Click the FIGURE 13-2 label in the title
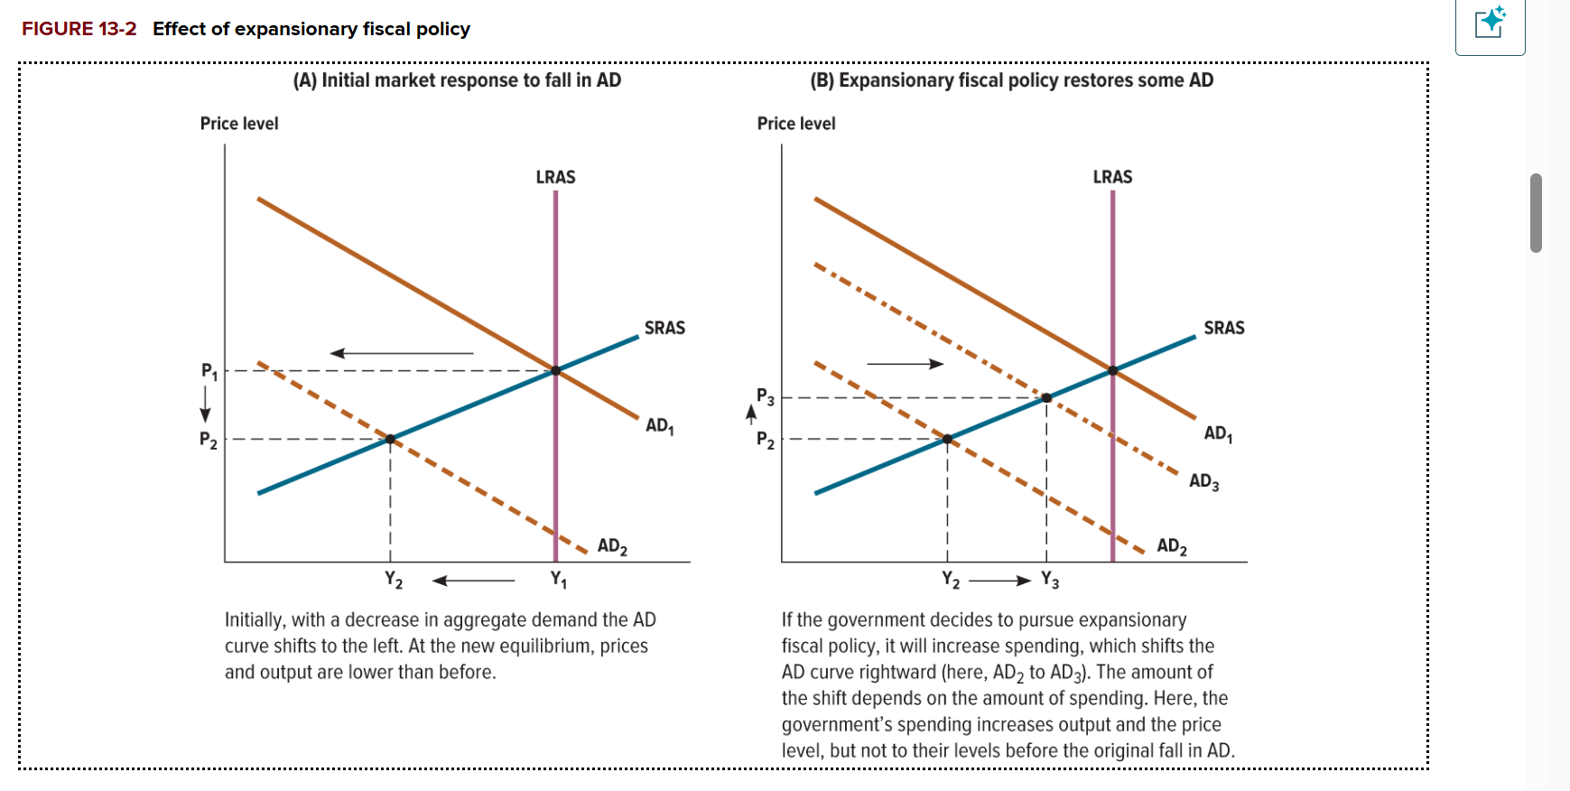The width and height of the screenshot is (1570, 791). (79, 29)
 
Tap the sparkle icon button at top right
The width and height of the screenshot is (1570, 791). (1490, 23)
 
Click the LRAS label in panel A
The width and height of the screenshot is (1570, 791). (555, 177)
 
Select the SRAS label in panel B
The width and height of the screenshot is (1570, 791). (1223, 328)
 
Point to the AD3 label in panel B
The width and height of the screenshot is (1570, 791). (1203, 481)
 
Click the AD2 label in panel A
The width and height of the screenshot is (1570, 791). (612, 546)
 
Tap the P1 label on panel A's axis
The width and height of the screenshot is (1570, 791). (209, 370)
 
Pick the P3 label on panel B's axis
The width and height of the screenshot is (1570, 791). (765, 396)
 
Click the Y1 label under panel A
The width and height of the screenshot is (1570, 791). (559, 579)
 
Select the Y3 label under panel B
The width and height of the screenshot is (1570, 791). (1049, 580)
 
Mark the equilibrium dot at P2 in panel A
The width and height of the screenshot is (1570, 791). (390, 439)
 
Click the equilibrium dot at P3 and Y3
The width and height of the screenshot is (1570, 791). (1046, 397)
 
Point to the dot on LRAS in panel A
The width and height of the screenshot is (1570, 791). (555, 370)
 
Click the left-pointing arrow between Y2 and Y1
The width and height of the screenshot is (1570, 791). (473, 581)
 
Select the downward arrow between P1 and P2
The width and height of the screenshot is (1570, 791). (206, 404)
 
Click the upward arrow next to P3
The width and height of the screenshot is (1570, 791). (750, 414)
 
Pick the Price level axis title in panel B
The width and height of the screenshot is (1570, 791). (795, 124)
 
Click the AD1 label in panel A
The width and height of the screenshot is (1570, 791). (659, 425)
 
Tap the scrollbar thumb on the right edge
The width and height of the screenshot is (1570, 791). (1536, 213)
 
